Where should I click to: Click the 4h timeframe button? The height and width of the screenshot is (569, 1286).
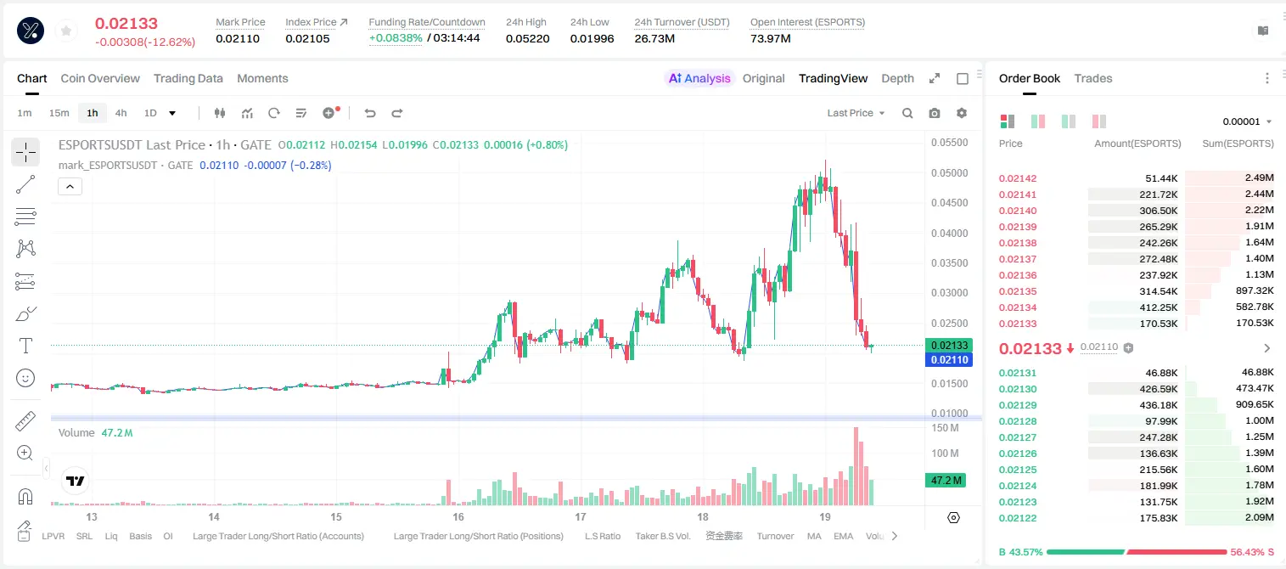click(x=121, y=113)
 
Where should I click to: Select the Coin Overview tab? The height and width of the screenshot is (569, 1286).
click(x=100, y=78)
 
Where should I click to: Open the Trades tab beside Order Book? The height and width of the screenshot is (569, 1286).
click(x=1093, y=78)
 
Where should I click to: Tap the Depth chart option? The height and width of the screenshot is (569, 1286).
click(x=897, y=78)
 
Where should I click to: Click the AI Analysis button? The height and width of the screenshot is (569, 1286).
click(x=699, y=78)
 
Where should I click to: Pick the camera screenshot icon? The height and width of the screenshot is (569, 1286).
click(x=935, y=113)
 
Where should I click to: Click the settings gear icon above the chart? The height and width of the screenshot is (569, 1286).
click(x=962, y=113)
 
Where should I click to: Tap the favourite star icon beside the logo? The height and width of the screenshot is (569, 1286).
click(x=66, y=31)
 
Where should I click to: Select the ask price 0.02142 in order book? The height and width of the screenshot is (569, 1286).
click(x=1017, y=178)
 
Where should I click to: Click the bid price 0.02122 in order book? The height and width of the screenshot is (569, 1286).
click(x=1017, y=518)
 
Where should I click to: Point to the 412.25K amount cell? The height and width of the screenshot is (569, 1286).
click(x=1159, y=307)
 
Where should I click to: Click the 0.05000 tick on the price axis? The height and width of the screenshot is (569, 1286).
click(x=950, y=173)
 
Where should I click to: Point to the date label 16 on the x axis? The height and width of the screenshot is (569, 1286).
click(x=458, y=516)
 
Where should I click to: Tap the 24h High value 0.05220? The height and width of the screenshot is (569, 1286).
click(x=528, y=38)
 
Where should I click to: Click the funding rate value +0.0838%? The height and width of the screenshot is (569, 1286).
click(x=396, y=38)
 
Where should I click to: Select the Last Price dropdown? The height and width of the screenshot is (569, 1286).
click(x=856, y=113)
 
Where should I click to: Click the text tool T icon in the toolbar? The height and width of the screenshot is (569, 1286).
click(x=25, y=346)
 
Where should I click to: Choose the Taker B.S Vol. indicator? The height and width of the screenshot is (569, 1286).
click(x=662, y=536)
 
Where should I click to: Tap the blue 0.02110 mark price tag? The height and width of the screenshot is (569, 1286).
click(x=949, y=360)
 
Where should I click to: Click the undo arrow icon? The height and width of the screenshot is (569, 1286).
click(x=370, y=113)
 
